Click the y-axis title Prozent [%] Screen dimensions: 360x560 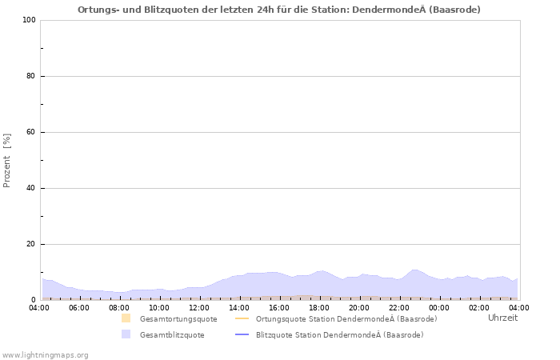7,160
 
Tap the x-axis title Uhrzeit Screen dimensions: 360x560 502,318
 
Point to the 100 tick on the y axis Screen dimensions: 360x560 28,20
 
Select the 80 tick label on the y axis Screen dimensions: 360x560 30,76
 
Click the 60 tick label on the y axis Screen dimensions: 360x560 30,132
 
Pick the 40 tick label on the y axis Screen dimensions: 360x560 30,188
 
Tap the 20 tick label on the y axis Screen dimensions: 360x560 30,244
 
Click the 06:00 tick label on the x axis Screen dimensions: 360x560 79,307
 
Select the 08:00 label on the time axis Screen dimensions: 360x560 119,307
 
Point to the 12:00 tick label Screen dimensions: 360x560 199,307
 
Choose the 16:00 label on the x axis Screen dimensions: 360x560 279,307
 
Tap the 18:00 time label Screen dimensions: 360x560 319,307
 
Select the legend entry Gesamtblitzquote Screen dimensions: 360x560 171,334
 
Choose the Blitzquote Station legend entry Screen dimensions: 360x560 339,334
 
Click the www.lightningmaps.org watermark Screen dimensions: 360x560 45,354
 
